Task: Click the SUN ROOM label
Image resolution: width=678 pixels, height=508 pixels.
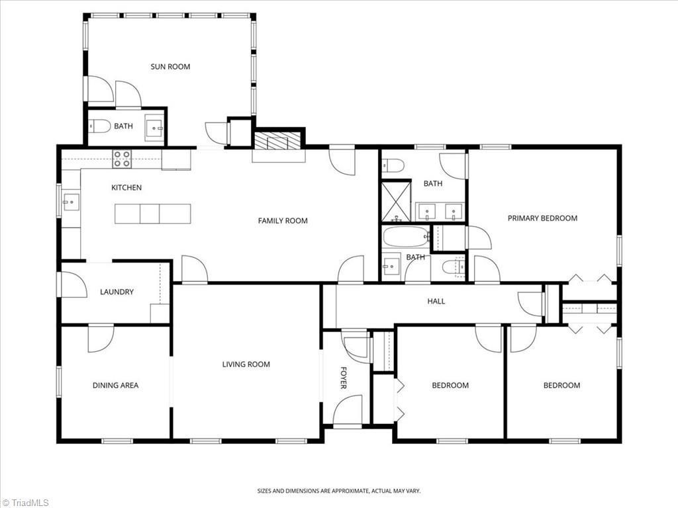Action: coord(170,67)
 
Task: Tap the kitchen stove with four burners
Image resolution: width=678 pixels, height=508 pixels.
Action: coord(122,159)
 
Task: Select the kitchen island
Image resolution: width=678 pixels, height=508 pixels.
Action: coord(153,214)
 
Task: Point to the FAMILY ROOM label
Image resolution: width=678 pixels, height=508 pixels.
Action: coord(283,221)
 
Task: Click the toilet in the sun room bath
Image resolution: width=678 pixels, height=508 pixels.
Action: coord(99,126)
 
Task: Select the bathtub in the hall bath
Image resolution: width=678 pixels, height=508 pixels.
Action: coord(406,237)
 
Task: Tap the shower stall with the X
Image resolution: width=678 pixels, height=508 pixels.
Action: coord(396,201)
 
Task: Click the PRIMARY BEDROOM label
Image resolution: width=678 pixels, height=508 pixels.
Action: coord(542,218)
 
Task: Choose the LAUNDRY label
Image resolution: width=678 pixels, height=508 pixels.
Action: coord(117,292)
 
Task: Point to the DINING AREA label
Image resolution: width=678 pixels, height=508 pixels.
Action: coord(115,386)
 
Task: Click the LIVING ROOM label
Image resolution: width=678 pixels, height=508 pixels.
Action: coord(246,364)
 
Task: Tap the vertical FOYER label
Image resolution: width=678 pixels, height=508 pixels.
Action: coord(344,378)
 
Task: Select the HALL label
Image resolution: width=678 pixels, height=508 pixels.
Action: coord(436,301)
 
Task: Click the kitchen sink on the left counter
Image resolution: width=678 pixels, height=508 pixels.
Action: coord(72,202)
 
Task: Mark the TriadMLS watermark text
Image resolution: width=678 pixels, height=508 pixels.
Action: coord(25,503)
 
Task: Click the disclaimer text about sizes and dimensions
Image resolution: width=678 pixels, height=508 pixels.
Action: coord(339,491)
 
